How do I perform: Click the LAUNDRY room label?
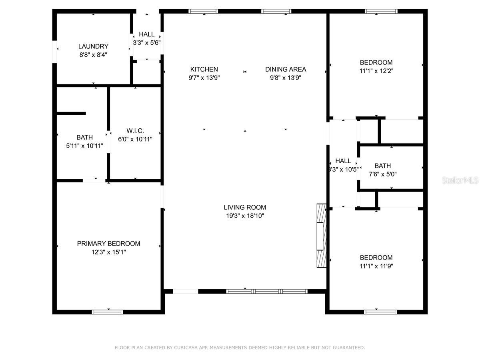(x=93, y=46)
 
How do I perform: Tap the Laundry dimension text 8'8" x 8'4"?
(x=93, y=55)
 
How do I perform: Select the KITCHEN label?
(x=204, y=69)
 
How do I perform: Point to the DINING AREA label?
(x=285, y=69)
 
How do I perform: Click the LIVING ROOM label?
(x=245, y=207)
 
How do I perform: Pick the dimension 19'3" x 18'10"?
(x=245, y=216)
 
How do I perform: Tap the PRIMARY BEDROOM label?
(x=108, y=244)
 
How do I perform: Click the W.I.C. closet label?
(x=135, y=131)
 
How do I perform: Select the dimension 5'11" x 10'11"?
(x=84, y=146)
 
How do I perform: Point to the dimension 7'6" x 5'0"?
(x=382, y=174)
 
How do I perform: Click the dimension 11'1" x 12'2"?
(x=376, y=71)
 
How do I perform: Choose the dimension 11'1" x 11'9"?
(x=376, y=266)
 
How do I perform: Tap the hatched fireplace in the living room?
(x=321, y=236)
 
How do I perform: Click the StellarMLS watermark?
(x=460, y=180)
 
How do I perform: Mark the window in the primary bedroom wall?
(x=107, y=312)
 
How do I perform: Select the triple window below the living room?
(x=267, y=291)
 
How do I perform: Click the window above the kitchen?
(x=203, y=11)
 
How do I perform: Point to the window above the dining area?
(x=276, y=11)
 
